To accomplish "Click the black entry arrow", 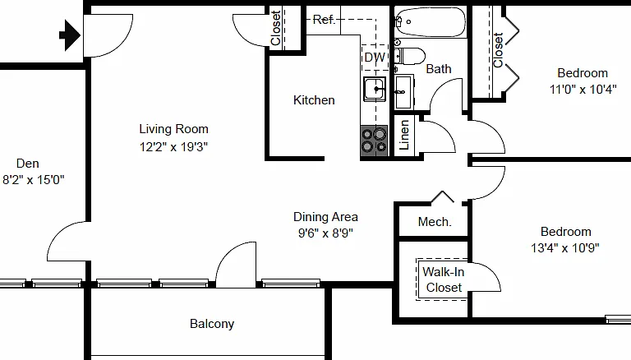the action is coord(70,35).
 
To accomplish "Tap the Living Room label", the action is coord(174,129).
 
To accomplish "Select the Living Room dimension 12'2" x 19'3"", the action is coord(174,147).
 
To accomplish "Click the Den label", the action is coord(28,164).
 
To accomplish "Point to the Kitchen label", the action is coord(314,100).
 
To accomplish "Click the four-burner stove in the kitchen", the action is coord(374,141).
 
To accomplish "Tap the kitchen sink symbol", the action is coord(375,89).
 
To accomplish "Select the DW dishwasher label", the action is coord(375,58).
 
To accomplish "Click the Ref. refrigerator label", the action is coord(324,20).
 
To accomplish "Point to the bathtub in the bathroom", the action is coord(431,22).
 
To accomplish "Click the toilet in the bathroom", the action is coord(409,57).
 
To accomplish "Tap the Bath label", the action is coord(439,69).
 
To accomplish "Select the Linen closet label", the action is coord(404,135).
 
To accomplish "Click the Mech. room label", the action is coord(435,222).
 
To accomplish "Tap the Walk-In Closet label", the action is coord(444,280).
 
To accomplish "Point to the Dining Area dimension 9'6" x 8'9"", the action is coord(325,233).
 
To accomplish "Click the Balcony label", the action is coord(212,324).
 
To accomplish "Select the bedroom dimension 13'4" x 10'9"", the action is coord(565,248).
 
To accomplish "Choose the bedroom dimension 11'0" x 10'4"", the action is coord(583,90).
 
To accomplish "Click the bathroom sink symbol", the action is coord(403,92).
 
